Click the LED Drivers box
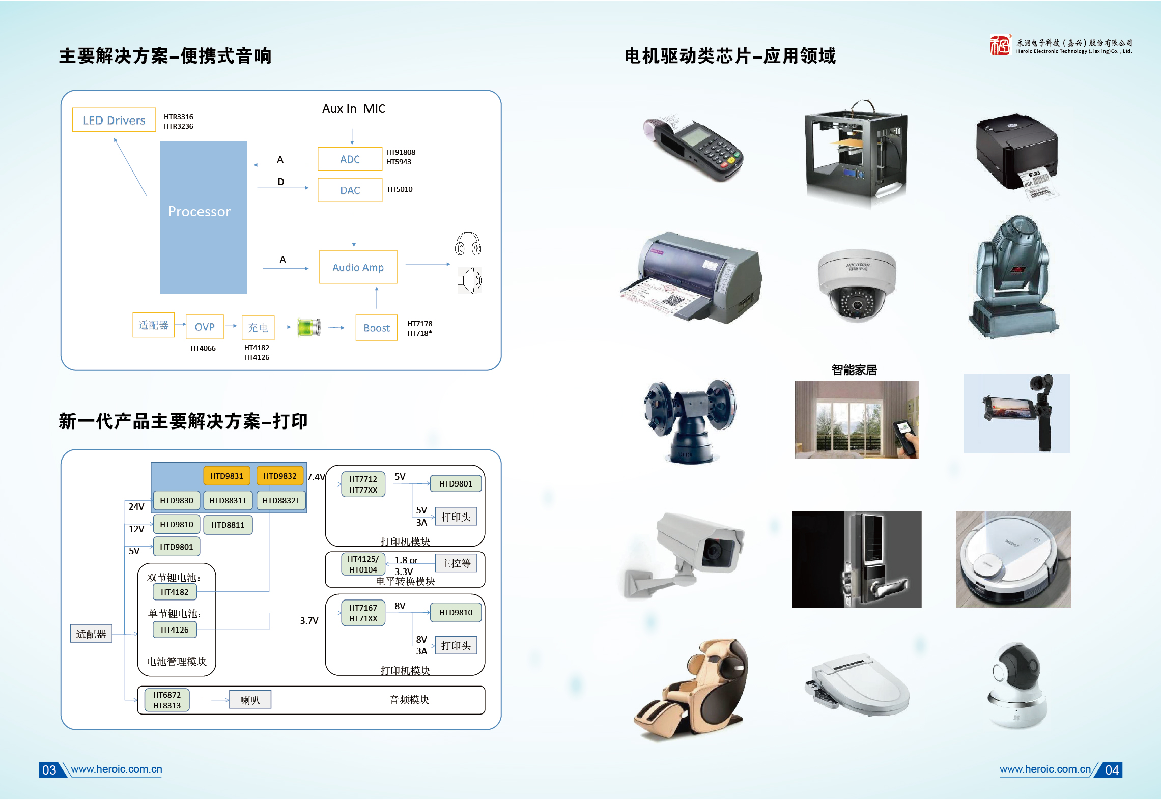coord(114,120)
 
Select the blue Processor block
coord(203,217)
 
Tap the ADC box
coord(350,159)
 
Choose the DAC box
coord(350,190)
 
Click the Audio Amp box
coord(358,267)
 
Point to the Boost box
coord(377,328)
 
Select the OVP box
coord(205,327)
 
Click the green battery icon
coord(309,327)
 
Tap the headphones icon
coord(468,244)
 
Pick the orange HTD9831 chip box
coord(226,476)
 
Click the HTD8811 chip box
coord(228,525)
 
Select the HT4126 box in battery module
coord(175,630)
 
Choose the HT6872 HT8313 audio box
coord(166,700)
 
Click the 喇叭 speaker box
coord(250,700)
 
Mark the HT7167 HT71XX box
coord(363,613)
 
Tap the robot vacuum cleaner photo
coord(1013,560)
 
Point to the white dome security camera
coord(857,285)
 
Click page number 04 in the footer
coord(1112,770)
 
